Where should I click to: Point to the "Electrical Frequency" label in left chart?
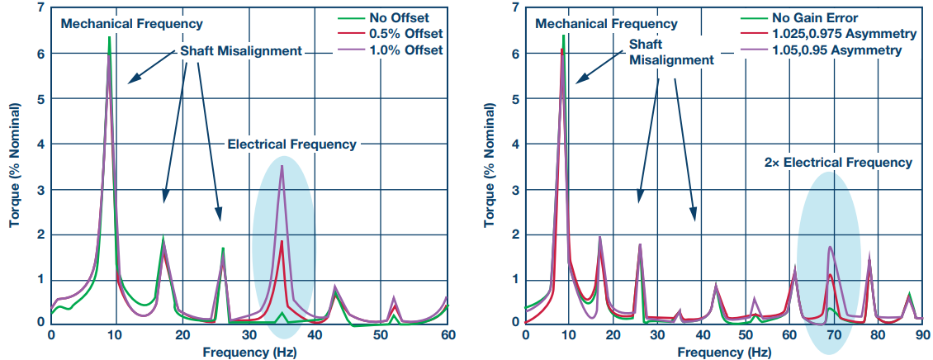pos(291,144)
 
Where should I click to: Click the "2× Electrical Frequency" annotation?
pos(839,162)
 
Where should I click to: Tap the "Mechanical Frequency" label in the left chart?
pos(121,24)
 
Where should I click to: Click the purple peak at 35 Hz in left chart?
pos(282,167)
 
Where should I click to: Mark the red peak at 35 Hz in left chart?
pos(282,241)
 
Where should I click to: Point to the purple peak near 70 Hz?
pos(830,247)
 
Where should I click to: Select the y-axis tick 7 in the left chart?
pos(40,8)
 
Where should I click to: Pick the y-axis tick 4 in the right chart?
pos(515,144)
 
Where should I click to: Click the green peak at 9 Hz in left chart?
pos(109,37)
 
